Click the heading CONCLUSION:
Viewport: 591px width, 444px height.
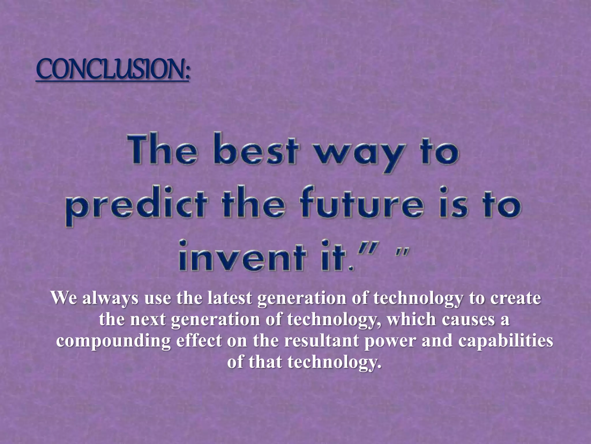click(113, 70)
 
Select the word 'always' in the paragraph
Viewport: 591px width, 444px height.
click(110, 298)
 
